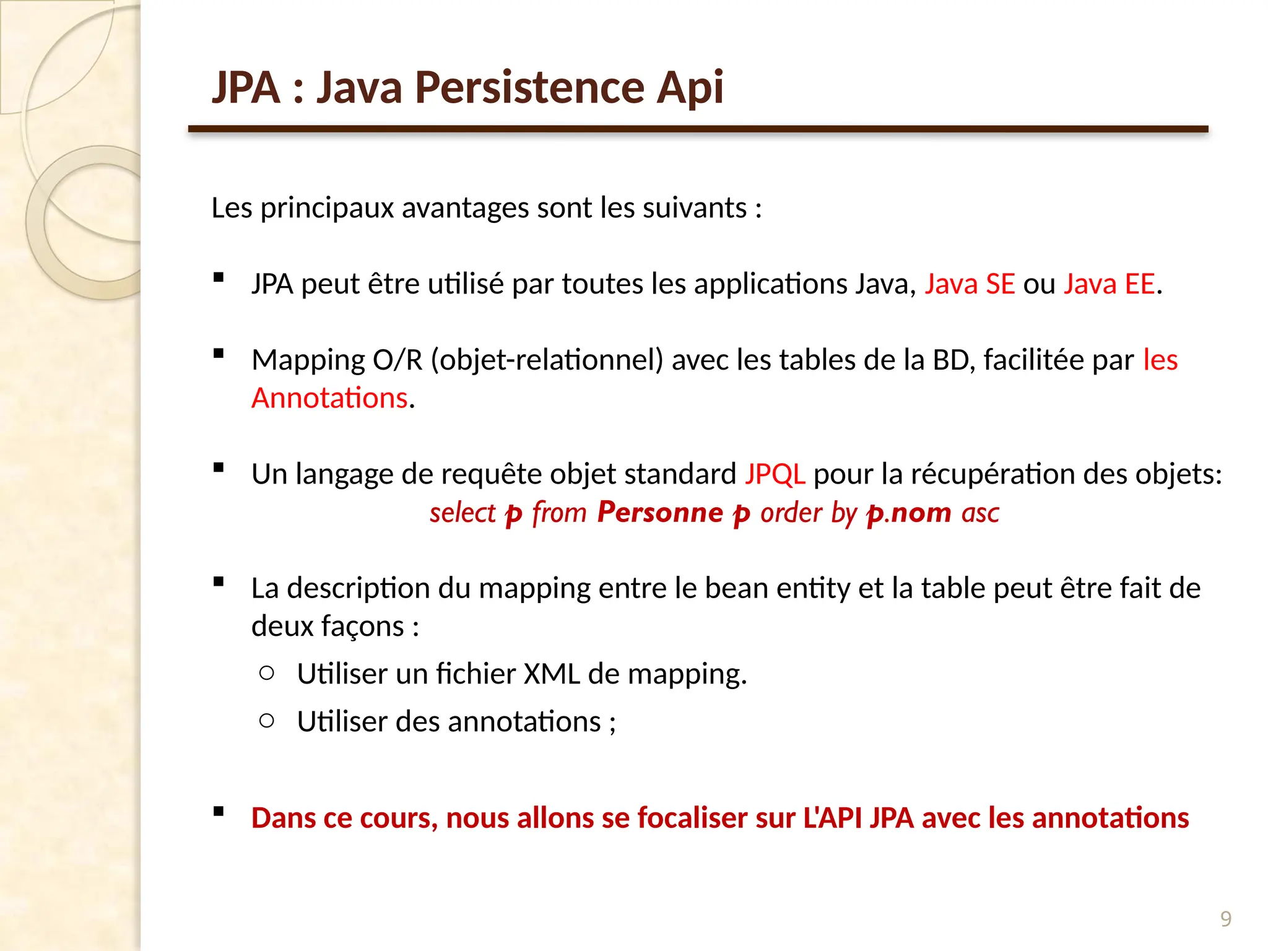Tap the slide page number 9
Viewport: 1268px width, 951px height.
point(1225,918)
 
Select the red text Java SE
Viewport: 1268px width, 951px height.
point(970,284)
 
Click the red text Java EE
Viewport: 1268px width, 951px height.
point(1109,284)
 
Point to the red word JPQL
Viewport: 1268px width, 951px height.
point(775,474)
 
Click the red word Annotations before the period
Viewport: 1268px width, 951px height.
point(329,398)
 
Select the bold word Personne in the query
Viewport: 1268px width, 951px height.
point(660,513)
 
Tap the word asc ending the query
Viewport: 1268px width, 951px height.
point(980,513)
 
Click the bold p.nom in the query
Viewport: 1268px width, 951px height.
point(908,513)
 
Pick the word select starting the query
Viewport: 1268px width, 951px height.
point(462,513)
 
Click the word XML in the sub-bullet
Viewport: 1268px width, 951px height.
point(552,674)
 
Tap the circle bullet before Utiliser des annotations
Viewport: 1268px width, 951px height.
point(267,720)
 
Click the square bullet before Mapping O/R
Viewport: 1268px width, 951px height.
point(218,354)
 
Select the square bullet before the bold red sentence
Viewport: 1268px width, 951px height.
point(218,812)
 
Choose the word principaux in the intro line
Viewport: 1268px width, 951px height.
point(326,209)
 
